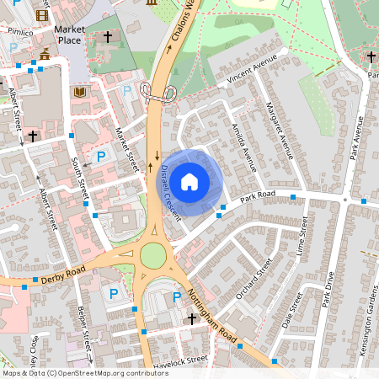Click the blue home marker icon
tap(189, 180)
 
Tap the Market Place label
tap(70, 35)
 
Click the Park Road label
tap(258, 196)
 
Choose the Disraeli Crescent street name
tap(170, 192)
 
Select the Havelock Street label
tap(181, 360)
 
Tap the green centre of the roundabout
tap(153, 254)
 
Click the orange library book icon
tap(80, 91)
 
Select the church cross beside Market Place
tap(108, 38)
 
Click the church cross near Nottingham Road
tap(192, 319)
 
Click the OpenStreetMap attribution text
tap(84, 373)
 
